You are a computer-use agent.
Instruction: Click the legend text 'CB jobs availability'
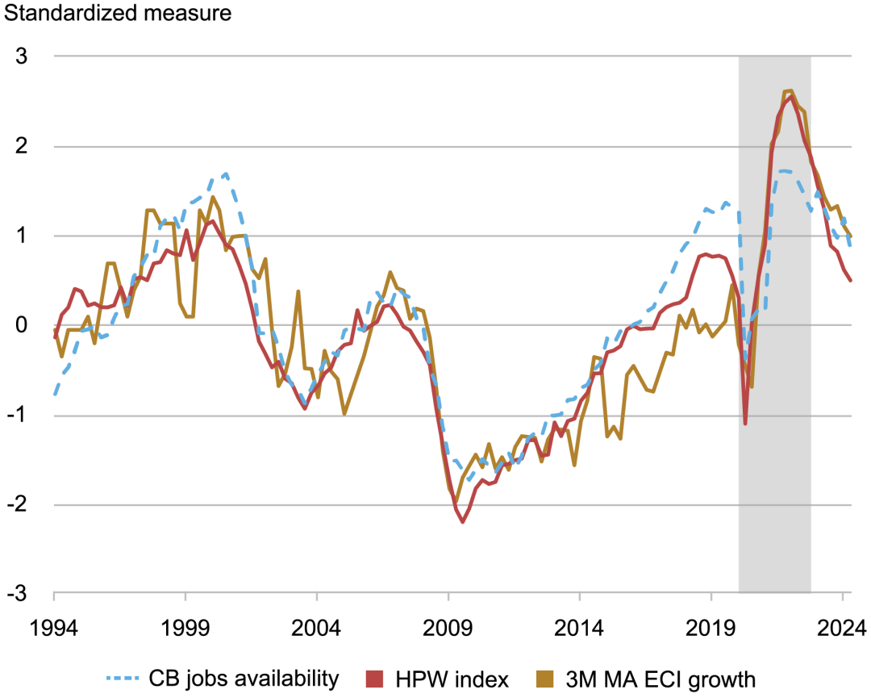point(243,679)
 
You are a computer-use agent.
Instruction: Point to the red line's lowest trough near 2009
point(463,522)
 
